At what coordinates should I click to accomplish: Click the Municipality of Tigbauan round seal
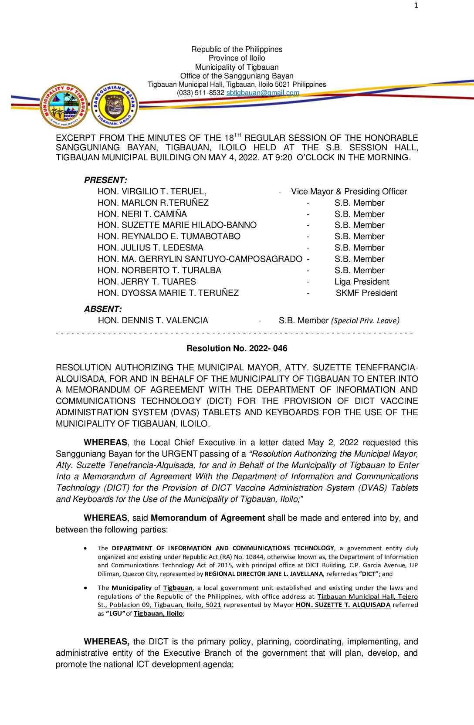coord(64,106)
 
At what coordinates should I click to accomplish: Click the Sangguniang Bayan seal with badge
coord(115,105)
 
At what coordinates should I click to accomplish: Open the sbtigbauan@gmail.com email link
coord(262,92)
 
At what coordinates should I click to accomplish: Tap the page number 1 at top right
coord(416,5)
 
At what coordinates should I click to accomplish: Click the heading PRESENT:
coord(105,180)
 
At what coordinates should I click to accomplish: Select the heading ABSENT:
coord(103,309)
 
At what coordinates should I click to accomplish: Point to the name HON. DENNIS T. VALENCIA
coord(153,320)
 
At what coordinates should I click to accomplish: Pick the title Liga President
coord(362,281)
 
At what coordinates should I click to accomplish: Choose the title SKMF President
coord(366,293)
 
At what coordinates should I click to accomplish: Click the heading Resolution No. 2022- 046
coord(237,348)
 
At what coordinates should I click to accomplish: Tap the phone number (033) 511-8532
coord(200,92)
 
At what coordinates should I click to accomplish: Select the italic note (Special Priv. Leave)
coord(365,321)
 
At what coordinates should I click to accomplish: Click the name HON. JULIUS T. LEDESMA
coord(150,247)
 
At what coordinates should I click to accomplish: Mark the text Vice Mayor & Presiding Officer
coord(349,191)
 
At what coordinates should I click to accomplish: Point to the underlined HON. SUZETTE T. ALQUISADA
coord(343,605)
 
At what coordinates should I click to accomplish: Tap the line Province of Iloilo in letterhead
coord(237,58)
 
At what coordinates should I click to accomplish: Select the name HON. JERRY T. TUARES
coord(146,281)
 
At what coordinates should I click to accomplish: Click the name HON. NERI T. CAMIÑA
coord(142,214)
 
